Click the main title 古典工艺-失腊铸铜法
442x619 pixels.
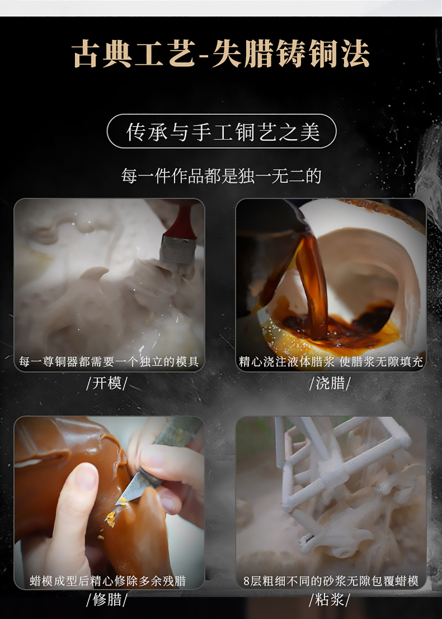(221, 54)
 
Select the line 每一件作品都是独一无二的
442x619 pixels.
(221, 175)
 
